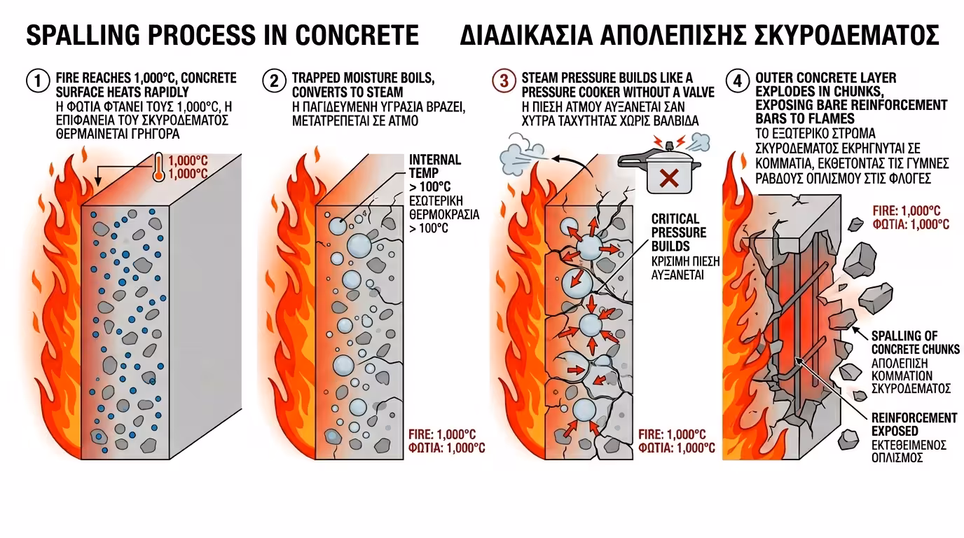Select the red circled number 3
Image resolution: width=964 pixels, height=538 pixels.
[x=503, y=81]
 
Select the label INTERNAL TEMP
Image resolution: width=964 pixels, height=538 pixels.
[x=434, y=167]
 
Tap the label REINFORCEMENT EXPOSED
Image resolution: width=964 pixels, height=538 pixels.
[x=914, y=424]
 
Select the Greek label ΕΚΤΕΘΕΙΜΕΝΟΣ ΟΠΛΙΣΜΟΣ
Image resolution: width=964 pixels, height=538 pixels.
[x=909, y=451]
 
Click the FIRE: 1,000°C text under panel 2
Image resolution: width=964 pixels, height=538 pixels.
[x=446, y=434]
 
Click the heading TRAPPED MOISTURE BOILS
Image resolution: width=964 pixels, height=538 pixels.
[x=363, y=78]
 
